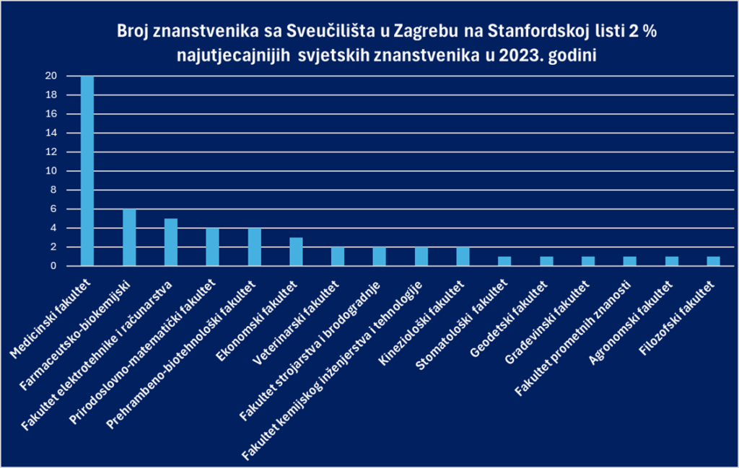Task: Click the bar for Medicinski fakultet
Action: (x=87, y=171)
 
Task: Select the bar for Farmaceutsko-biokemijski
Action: (x=128, y=237)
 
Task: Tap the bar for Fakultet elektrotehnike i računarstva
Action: (x=170, y=242)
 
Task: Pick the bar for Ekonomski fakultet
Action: (x=296, y=252)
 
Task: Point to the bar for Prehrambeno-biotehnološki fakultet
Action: (x=254, y=247)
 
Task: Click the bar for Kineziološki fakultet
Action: (x=463, y=257)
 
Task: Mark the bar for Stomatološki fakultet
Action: (x=505, y=261)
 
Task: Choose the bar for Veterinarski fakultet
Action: (x=338, y=257)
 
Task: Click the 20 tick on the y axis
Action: (x=51, y=76)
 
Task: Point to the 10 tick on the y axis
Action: (x=51, y=172)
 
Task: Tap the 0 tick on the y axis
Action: (x=53, y=266)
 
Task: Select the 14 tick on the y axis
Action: (x=51, y=133)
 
